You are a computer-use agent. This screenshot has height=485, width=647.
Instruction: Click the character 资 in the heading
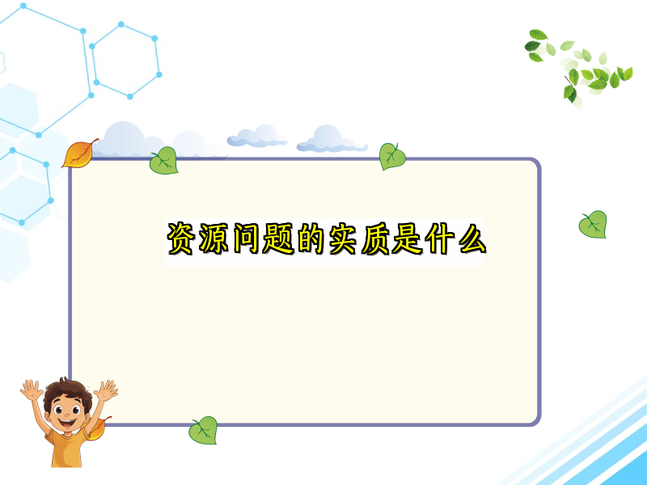pos(180,238)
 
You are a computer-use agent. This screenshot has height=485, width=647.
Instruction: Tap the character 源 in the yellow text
pos(214,238)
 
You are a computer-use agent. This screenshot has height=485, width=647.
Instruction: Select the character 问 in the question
pos(246,238)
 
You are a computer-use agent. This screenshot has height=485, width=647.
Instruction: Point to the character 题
pos(278,238)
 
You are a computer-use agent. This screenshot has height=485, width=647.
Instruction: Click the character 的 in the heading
pos(310,238)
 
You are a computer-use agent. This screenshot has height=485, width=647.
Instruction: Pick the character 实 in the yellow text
pos(343,238)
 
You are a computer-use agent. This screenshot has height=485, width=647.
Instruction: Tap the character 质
pos(375,238)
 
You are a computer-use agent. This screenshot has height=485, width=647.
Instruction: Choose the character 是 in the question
pos(408,238)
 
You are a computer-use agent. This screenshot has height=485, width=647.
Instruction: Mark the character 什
pos(440,238)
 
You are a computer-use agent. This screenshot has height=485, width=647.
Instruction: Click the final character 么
pos(472,238)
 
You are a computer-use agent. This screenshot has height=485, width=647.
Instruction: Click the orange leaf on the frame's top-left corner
pos(79,154)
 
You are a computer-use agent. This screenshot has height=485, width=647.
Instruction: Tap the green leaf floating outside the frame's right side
pos(593,225)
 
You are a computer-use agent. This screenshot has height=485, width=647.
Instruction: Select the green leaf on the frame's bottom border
pos(203,430)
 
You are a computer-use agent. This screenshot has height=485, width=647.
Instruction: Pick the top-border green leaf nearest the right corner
pos(392,156)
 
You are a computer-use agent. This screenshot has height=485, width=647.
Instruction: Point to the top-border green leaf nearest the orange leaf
pos(164,160)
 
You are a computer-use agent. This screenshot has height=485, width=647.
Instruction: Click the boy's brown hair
pos(67,391)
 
